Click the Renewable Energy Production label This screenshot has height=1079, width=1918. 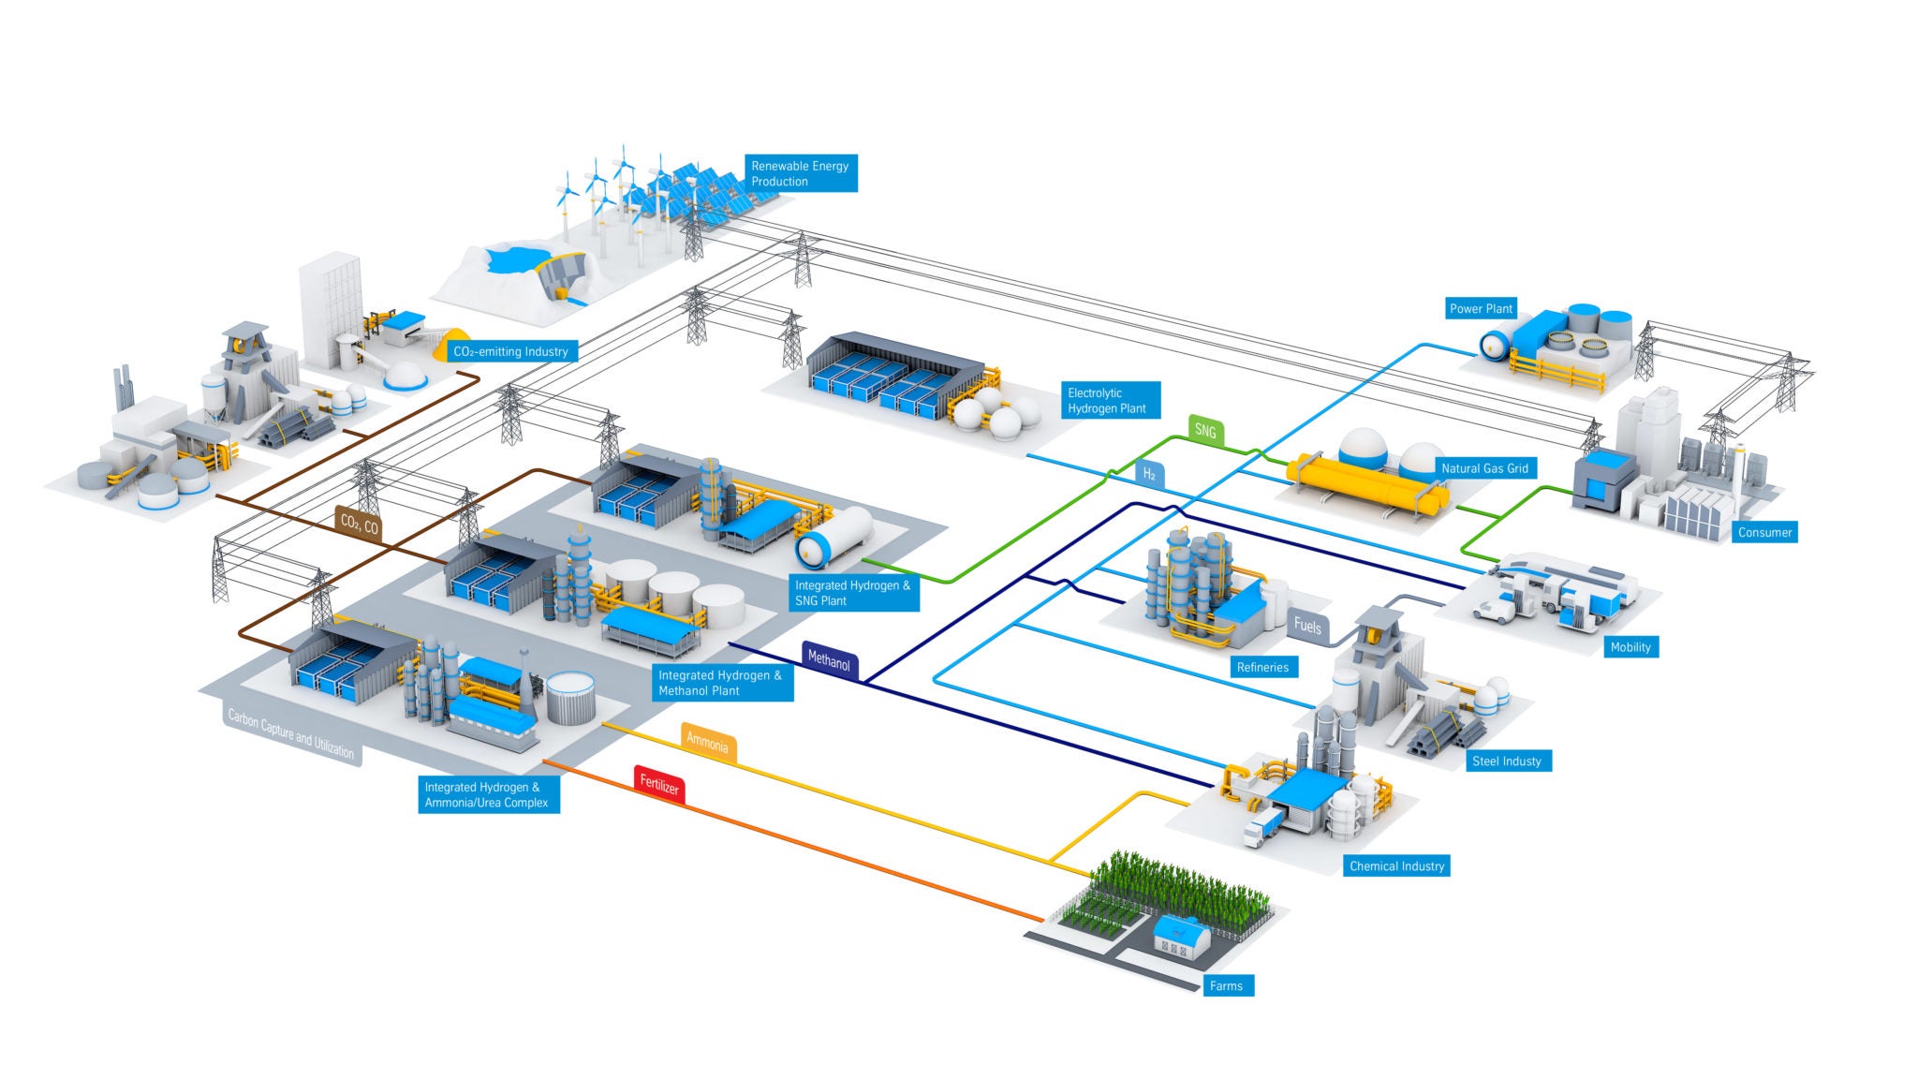800,174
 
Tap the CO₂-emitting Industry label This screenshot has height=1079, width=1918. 510,352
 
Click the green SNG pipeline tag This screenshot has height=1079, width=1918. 1205,431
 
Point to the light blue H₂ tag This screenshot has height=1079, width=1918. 1149,475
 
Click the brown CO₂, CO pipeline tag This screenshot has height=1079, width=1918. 360,525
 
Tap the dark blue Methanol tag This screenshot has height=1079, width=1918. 829,660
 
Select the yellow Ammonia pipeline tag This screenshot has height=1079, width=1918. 707,744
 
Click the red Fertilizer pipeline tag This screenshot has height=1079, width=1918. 659,785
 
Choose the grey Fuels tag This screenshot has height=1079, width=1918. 1307,625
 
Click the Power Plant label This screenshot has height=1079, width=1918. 1481,309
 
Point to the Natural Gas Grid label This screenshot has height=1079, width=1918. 1484,468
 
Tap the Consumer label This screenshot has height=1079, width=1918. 1764,533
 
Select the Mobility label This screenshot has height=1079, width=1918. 1630,647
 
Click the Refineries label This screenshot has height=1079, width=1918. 1262,668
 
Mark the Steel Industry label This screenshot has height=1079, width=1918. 1506,761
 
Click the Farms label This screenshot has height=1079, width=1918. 1226,986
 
